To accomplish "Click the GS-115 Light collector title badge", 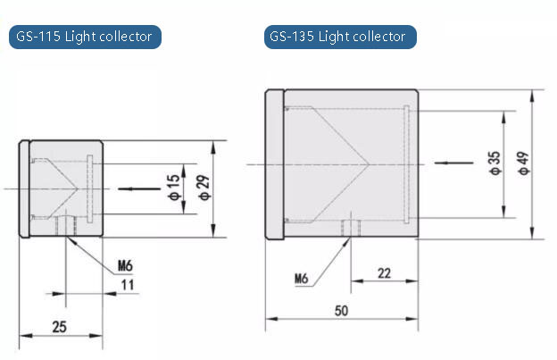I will [x=85, y=37].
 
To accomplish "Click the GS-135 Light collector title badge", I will [x=340, y=37].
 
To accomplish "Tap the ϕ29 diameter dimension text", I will [x=203, y=188].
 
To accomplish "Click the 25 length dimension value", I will [x=59, y=327].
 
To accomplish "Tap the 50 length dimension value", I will [x=341, y=310].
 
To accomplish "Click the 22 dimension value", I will [x=384, y=273].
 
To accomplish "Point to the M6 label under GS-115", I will [x=127, y=265].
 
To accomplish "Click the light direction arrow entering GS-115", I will [x=130, y=188].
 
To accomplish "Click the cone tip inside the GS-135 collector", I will [x=369, y=163].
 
